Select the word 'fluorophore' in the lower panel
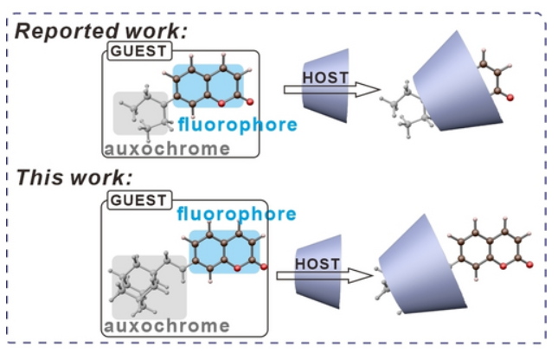click(236, 214)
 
